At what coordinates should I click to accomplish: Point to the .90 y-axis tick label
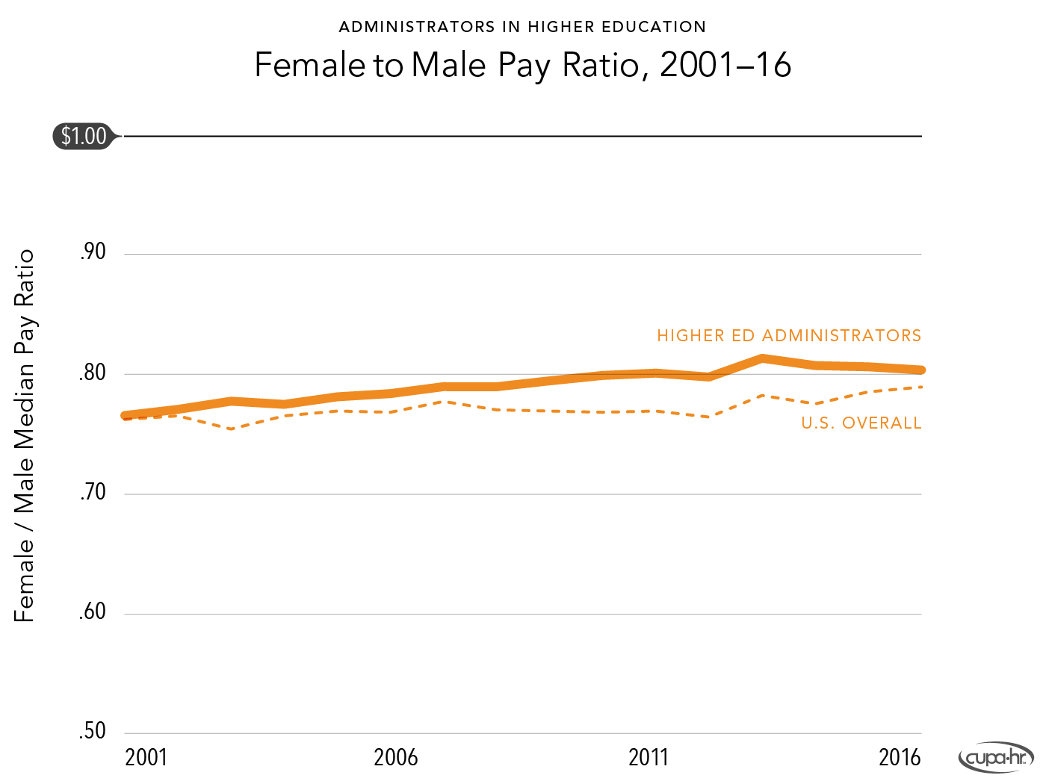[93, 252]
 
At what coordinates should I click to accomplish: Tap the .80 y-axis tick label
[93, 373]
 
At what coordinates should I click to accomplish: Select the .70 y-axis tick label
[93, 493]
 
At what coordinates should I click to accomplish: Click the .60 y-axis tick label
[93, 612]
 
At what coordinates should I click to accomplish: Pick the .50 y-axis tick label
[93, 731]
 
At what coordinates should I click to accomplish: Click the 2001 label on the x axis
[146, 758]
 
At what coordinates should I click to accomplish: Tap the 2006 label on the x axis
[396, 758]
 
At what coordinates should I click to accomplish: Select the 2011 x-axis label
[649, 758]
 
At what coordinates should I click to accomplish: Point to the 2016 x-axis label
[900, 758]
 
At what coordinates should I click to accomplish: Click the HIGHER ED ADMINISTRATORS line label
[789, 336]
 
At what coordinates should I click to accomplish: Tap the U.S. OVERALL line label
[861, 423]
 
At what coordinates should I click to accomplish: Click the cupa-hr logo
[996, 759]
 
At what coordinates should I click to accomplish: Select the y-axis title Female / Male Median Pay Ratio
[25, 435]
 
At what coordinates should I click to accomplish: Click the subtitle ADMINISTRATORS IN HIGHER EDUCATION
[522, 27]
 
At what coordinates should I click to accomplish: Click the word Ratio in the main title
[606, 65]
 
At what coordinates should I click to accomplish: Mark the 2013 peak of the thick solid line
[761, 359]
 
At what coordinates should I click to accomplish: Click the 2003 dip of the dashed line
[232, 429]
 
